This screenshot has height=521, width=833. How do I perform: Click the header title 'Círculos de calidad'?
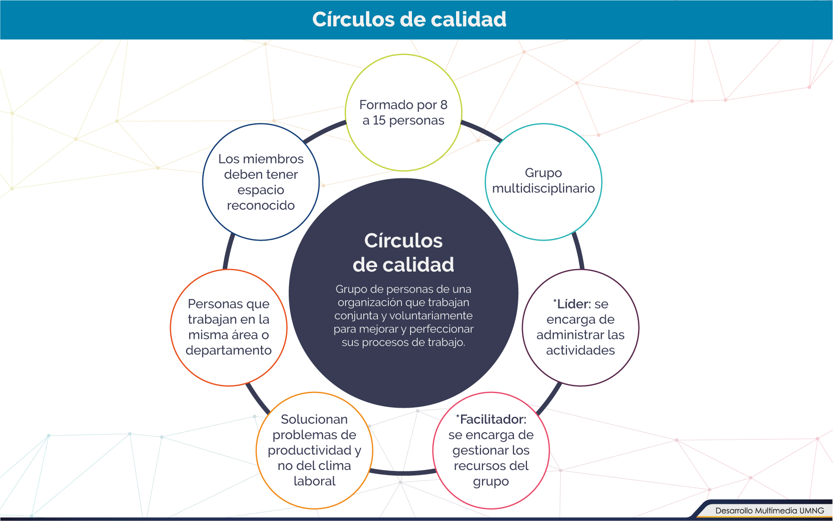pyautogui.click(x=409, y=20)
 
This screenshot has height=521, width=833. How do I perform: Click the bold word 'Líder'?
pyautogui.click(x=573, y=304)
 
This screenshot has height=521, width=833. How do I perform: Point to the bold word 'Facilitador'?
pyautogui.click(x=493, y=419)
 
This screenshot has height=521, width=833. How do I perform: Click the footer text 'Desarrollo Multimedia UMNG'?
pyautogui.click(x=769, y=511)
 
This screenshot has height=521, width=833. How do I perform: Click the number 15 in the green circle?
pyautogui.click(x=379, y=121)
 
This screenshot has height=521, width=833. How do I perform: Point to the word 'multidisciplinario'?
pyautogui.click(x=543, y=188)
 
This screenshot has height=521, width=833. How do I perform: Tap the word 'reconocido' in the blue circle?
pyautogui.click(x=261, y=206)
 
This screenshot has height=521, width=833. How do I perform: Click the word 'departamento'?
pyautogui.click(x=229, y=350)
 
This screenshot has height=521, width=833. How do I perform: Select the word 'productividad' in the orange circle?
pyautogui.click(x=309, y=450)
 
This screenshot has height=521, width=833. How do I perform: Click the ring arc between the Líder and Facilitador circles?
pyautogui.click(x=550, y=400)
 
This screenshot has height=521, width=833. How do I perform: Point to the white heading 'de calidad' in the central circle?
pyautogui.click(x=403, y=265)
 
